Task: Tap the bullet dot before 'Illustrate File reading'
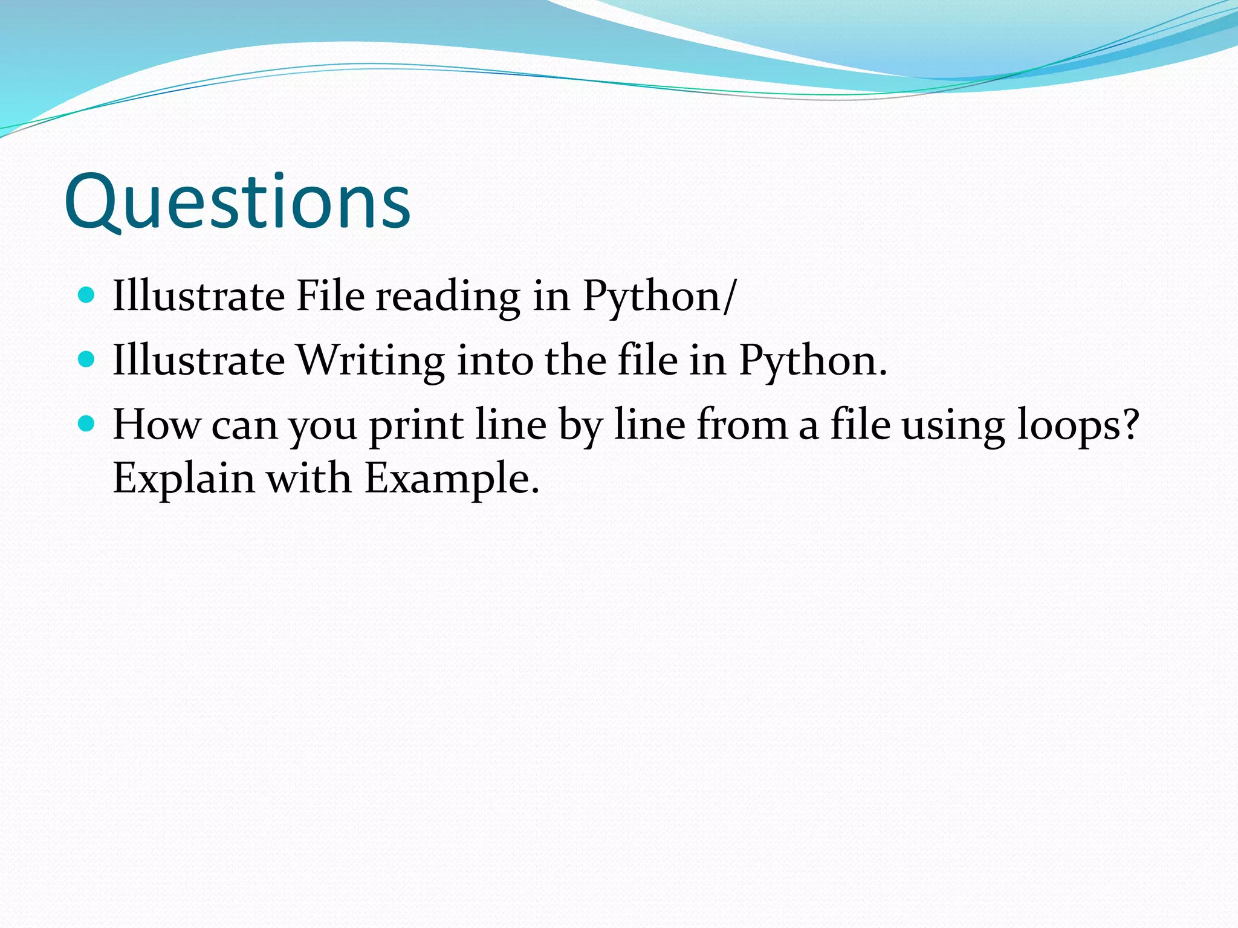87,295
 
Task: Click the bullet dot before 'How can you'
87,424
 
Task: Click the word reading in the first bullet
448,297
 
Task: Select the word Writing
371,361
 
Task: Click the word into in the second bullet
494,361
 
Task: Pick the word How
156,425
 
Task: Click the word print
416,426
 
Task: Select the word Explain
184,479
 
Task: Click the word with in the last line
309,478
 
